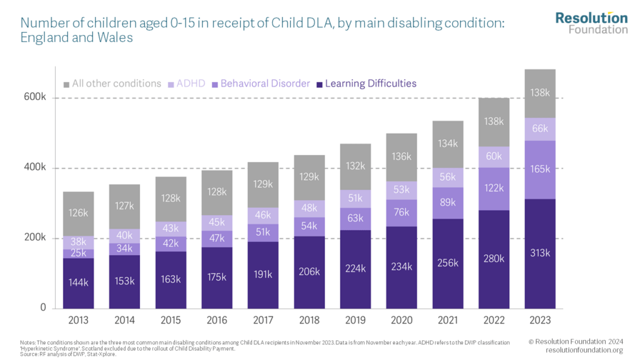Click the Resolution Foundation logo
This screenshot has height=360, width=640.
pyautogui.click(x=591, y=22)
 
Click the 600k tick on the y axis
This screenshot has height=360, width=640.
pyautogui.click(x=35, y=98)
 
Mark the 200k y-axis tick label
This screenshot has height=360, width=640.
pyautogui.click(x=35, y=238)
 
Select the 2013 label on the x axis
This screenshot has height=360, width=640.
pyautogui.click(x=78, y=320)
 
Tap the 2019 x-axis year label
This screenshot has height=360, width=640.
pyautogui.click(x=356, y=320)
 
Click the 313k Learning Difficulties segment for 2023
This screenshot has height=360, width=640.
pyautogui.click(x=540, y=253)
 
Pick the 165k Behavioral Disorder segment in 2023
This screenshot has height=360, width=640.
pyautogui.click(x=540, y=169)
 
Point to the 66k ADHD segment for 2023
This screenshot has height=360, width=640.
pyautogui.click(x=540, y=129)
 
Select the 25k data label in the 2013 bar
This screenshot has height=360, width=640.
pyautogui.click(x=78, y=253)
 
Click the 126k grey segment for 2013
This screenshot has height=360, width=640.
pyautogui.click(x=78, y=213)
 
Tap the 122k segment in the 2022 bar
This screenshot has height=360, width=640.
pyautogui.click(x=494, y=188)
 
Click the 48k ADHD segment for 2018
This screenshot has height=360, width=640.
pyautogui.click(x=309, y=209)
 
